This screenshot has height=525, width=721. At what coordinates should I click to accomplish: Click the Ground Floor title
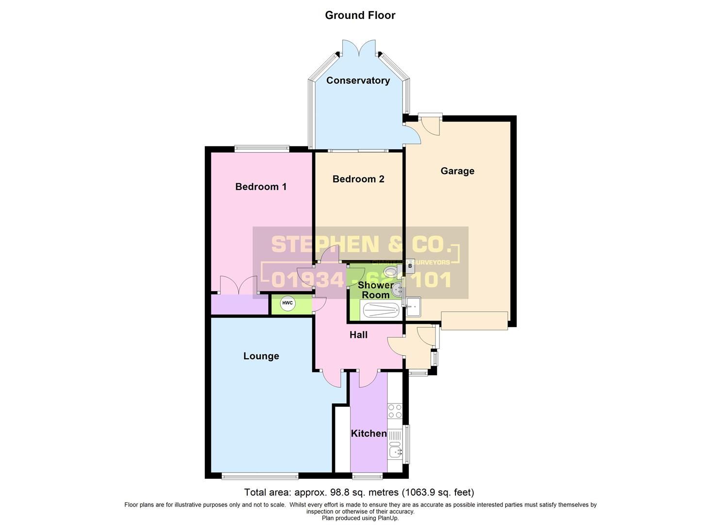pos(360,15)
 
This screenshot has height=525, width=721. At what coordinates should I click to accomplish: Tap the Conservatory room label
pos(358,81)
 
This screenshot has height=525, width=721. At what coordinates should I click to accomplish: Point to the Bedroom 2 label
pos(358,179)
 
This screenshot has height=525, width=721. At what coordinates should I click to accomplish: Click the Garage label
pos(457,171)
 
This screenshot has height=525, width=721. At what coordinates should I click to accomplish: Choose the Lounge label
pos(261,356)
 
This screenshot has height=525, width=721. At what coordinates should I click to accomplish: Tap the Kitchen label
pos(369,433)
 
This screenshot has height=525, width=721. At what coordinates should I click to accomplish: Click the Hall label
pos(358,335)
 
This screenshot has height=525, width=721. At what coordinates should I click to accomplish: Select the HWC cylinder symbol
pos(287,303)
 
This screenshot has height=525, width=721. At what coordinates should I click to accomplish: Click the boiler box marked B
pos(410,266)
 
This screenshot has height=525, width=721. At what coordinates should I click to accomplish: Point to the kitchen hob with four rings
pos(395,412)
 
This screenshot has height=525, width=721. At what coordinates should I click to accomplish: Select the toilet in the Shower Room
pos(390,271)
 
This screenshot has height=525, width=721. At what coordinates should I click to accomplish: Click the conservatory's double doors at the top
pos(359,48)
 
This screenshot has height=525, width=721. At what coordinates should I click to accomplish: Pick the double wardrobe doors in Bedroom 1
pos(238,285)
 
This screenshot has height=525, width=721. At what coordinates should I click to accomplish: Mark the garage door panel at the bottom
pos(474,320)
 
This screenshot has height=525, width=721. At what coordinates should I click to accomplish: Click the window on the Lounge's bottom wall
pos(260,476)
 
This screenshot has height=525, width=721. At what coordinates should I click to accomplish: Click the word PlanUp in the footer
pos(387,518)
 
